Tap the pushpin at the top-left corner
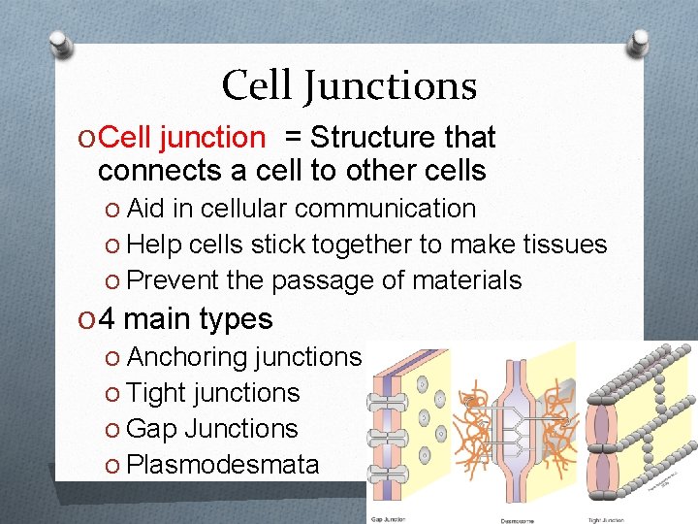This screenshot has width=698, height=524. [x=60, y=44]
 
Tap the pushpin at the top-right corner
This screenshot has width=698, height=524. [x=640, y=42]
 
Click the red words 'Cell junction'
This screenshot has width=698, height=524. [x=181, y=138]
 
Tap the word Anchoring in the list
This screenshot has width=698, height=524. [x=186, y=357]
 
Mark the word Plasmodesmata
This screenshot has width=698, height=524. [x=222, y=465]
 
